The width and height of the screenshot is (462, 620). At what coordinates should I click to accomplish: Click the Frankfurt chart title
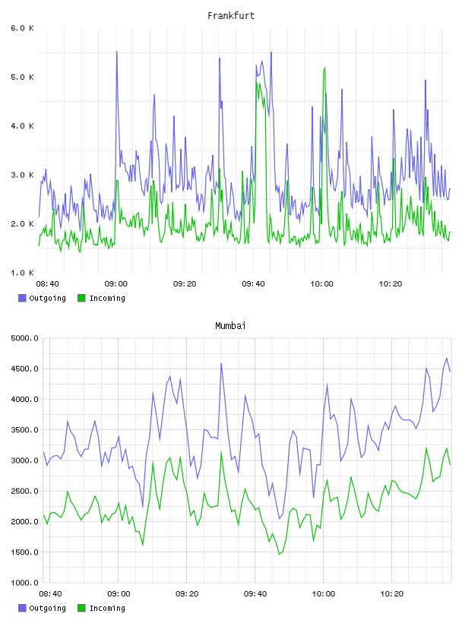(x=231, y=16)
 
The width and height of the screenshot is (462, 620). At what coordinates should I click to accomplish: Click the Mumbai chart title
(x=230, y=326)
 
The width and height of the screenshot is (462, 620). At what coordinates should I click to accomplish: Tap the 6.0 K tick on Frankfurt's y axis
(x=22, y=28)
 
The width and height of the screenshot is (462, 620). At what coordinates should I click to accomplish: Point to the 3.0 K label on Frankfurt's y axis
(x=22, y=175)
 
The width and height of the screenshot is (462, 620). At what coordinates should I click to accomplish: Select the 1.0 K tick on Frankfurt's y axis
(x=22, y=273)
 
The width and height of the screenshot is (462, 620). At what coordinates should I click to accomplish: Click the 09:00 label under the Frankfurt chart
(x=116, y=284)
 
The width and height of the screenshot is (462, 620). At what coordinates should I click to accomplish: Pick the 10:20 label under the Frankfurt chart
(x=391, y=284)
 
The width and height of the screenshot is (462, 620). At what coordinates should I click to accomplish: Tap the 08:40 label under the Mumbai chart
(x=50, y=594)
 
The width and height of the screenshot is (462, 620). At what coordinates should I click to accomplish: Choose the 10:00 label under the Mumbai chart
(x=323, y=594)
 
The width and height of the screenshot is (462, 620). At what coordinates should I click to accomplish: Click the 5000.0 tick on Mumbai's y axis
(x=24, y=338)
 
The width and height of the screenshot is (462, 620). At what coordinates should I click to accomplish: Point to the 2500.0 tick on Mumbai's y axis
(x=24, y=491)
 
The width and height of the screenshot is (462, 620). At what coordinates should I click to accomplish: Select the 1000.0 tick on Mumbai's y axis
(x=24, y=583)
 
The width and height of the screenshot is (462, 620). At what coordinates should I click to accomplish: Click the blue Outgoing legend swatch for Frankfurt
(x=22, y=298)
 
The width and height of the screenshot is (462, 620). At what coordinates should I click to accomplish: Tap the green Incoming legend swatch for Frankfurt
(x=81, y=298)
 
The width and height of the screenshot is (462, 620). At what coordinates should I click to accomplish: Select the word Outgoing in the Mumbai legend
(x=47, y=609)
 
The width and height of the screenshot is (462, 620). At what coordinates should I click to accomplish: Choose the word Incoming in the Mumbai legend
(x=107, y=609)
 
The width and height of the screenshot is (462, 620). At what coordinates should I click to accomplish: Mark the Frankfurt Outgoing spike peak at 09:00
(x=117, y=52)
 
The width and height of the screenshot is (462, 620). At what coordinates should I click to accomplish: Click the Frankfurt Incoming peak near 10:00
(x=324, y=68)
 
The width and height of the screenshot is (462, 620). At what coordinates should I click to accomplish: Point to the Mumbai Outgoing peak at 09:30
(x=221, y=363)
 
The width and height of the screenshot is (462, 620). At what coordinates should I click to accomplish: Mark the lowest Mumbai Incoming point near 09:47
(x=280, y=554)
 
